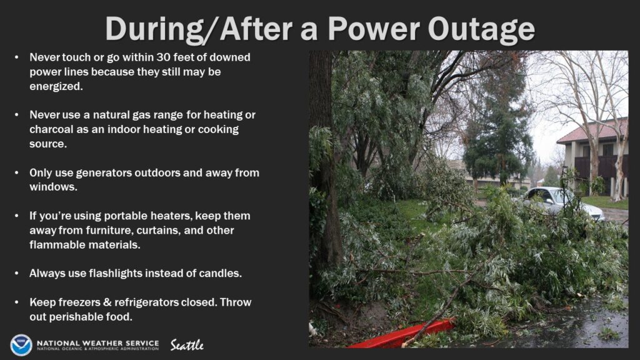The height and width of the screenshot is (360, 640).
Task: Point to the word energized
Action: point(56,86)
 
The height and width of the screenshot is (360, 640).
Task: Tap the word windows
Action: point(53,187)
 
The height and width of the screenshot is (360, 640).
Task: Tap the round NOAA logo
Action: point(21,345)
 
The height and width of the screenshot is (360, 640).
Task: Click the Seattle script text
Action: point(187,345)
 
